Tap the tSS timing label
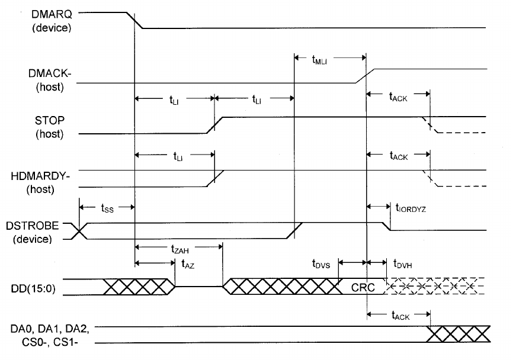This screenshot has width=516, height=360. pos(107,208)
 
